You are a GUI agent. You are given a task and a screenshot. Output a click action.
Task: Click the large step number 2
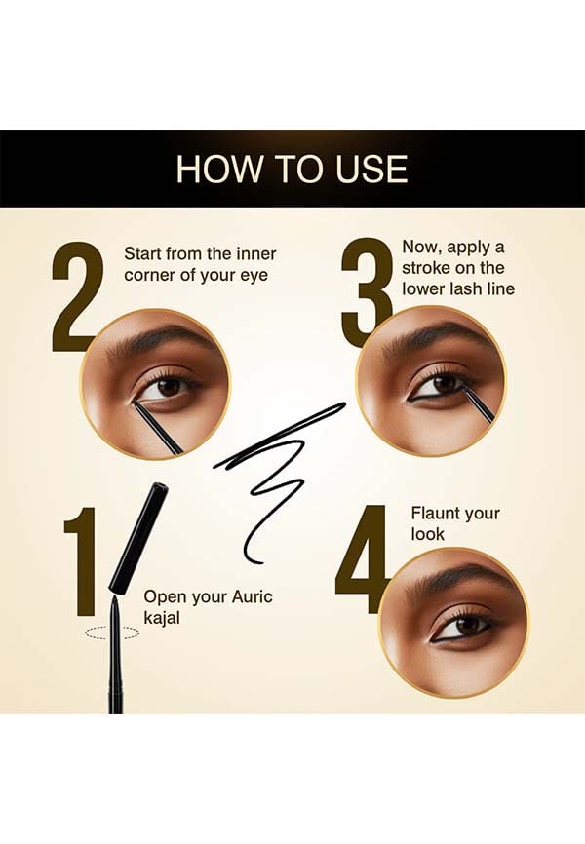click(77, 296)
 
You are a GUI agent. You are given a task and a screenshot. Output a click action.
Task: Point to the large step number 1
click(81, 561)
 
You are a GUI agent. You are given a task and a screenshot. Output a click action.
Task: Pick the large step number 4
click(362, 559)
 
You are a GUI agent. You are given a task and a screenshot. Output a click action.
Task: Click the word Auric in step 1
click(253, 596)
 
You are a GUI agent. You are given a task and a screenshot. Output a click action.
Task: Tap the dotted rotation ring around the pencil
click(111, 633)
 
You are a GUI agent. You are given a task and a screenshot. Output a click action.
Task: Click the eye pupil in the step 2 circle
click(169, 387)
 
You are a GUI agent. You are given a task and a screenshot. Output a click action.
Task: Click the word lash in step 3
click(463, 288)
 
